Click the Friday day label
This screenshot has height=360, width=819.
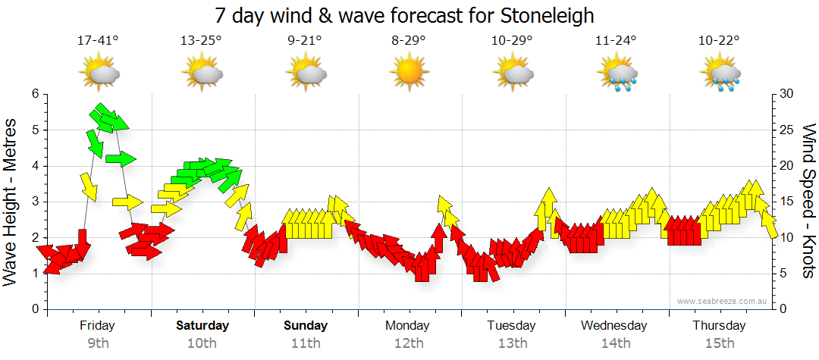98,326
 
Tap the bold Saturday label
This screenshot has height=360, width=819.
202,326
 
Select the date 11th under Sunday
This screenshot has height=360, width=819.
306,343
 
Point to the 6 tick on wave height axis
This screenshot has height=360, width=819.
34,94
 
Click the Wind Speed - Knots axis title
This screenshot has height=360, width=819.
808,202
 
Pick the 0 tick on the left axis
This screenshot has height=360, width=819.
34,309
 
